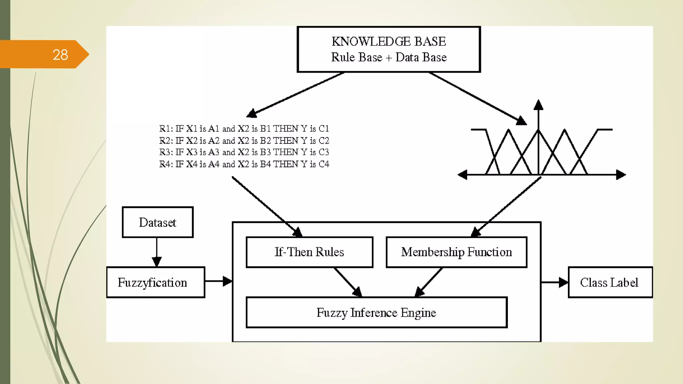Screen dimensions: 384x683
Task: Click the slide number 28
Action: (x=60, y=55)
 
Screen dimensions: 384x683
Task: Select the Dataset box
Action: (x=157, y=222)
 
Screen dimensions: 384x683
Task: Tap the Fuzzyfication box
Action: (x=155, y=282)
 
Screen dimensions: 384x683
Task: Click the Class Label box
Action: (x=610, y=282)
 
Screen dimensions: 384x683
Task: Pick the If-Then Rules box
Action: (x=309, y=252)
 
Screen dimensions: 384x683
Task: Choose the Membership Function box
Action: (x=456, y=252)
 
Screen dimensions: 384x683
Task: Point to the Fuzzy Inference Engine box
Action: (x=376, y=313)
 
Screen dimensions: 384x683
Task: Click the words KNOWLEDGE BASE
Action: (x=389, y=42)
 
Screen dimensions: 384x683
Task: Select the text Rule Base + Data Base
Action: (x=389, y=57)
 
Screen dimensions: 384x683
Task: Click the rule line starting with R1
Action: (x=244, y=129)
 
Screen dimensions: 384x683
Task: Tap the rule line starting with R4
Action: (x=244, y=164)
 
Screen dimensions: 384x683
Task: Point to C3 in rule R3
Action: (x=323, y=152)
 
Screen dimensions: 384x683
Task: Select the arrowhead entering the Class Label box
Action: (x=564, y=282)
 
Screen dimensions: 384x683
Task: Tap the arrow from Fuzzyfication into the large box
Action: (x=218, y=281)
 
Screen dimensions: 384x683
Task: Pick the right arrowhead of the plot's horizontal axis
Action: (x=621, y=174)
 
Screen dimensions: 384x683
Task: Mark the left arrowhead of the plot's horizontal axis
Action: (x=462, y=174)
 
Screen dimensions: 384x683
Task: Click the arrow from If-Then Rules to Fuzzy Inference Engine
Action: (x=348, y=282)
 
